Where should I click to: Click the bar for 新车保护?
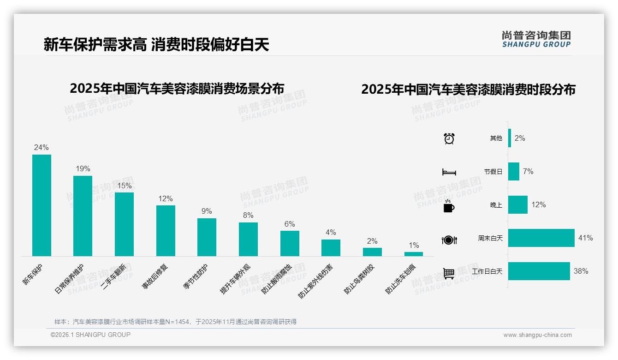point(42,205)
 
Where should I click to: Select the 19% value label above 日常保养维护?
point(83,169)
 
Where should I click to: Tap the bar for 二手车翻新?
point(124,224)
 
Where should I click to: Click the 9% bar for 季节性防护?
point(207,237)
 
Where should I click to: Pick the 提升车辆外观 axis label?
point(235,279)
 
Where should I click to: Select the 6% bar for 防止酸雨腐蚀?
point(290,243)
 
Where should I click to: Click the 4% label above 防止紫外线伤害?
point(331,233)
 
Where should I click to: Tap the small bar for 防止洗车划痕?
point(413,254)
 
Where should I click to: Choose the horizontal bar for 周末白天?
point(541,238)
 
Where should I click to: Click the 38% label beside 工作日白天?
point(581,271)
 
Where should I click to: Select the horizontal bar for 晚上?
point(518,205)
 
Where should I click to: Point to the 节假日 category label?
point(493,172)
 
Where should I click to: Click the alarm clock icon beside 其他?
point(449,138)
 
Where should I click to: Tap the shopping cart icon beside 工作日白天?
point(449,273)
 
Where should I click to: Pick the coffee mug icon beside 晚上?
point(449,206)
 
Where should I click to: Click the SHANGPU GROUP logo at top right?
point(536,39)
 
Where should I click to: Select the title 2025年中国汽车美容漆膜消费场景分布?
point(177,89)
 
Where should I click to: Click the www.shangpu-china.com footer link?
point(537,335)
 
